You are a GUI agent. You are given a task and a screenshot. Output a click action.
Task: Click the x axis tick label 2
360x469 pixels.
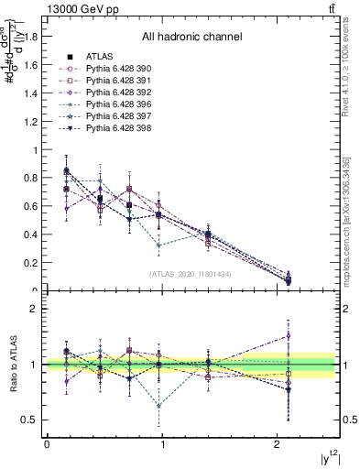(277, 444)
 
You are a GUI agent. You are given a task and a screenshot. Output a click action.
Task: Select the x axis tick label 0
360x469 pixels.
(46, 444)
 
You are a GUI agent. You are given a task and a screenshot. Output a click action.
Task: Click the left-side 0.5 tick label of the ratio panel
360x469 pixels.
(31, 420)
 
